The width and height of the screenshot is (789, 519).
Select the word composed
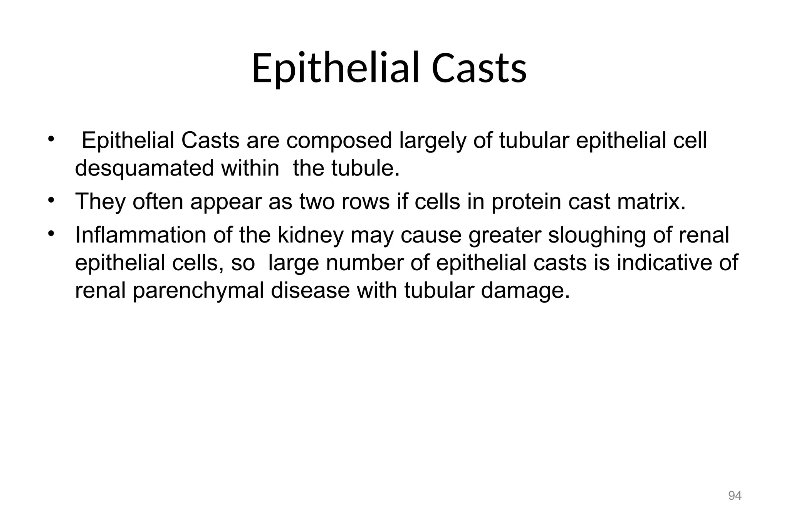click(x=339, y=141)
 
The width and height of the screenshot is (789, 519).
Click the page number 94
click(x=735, y=496)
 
